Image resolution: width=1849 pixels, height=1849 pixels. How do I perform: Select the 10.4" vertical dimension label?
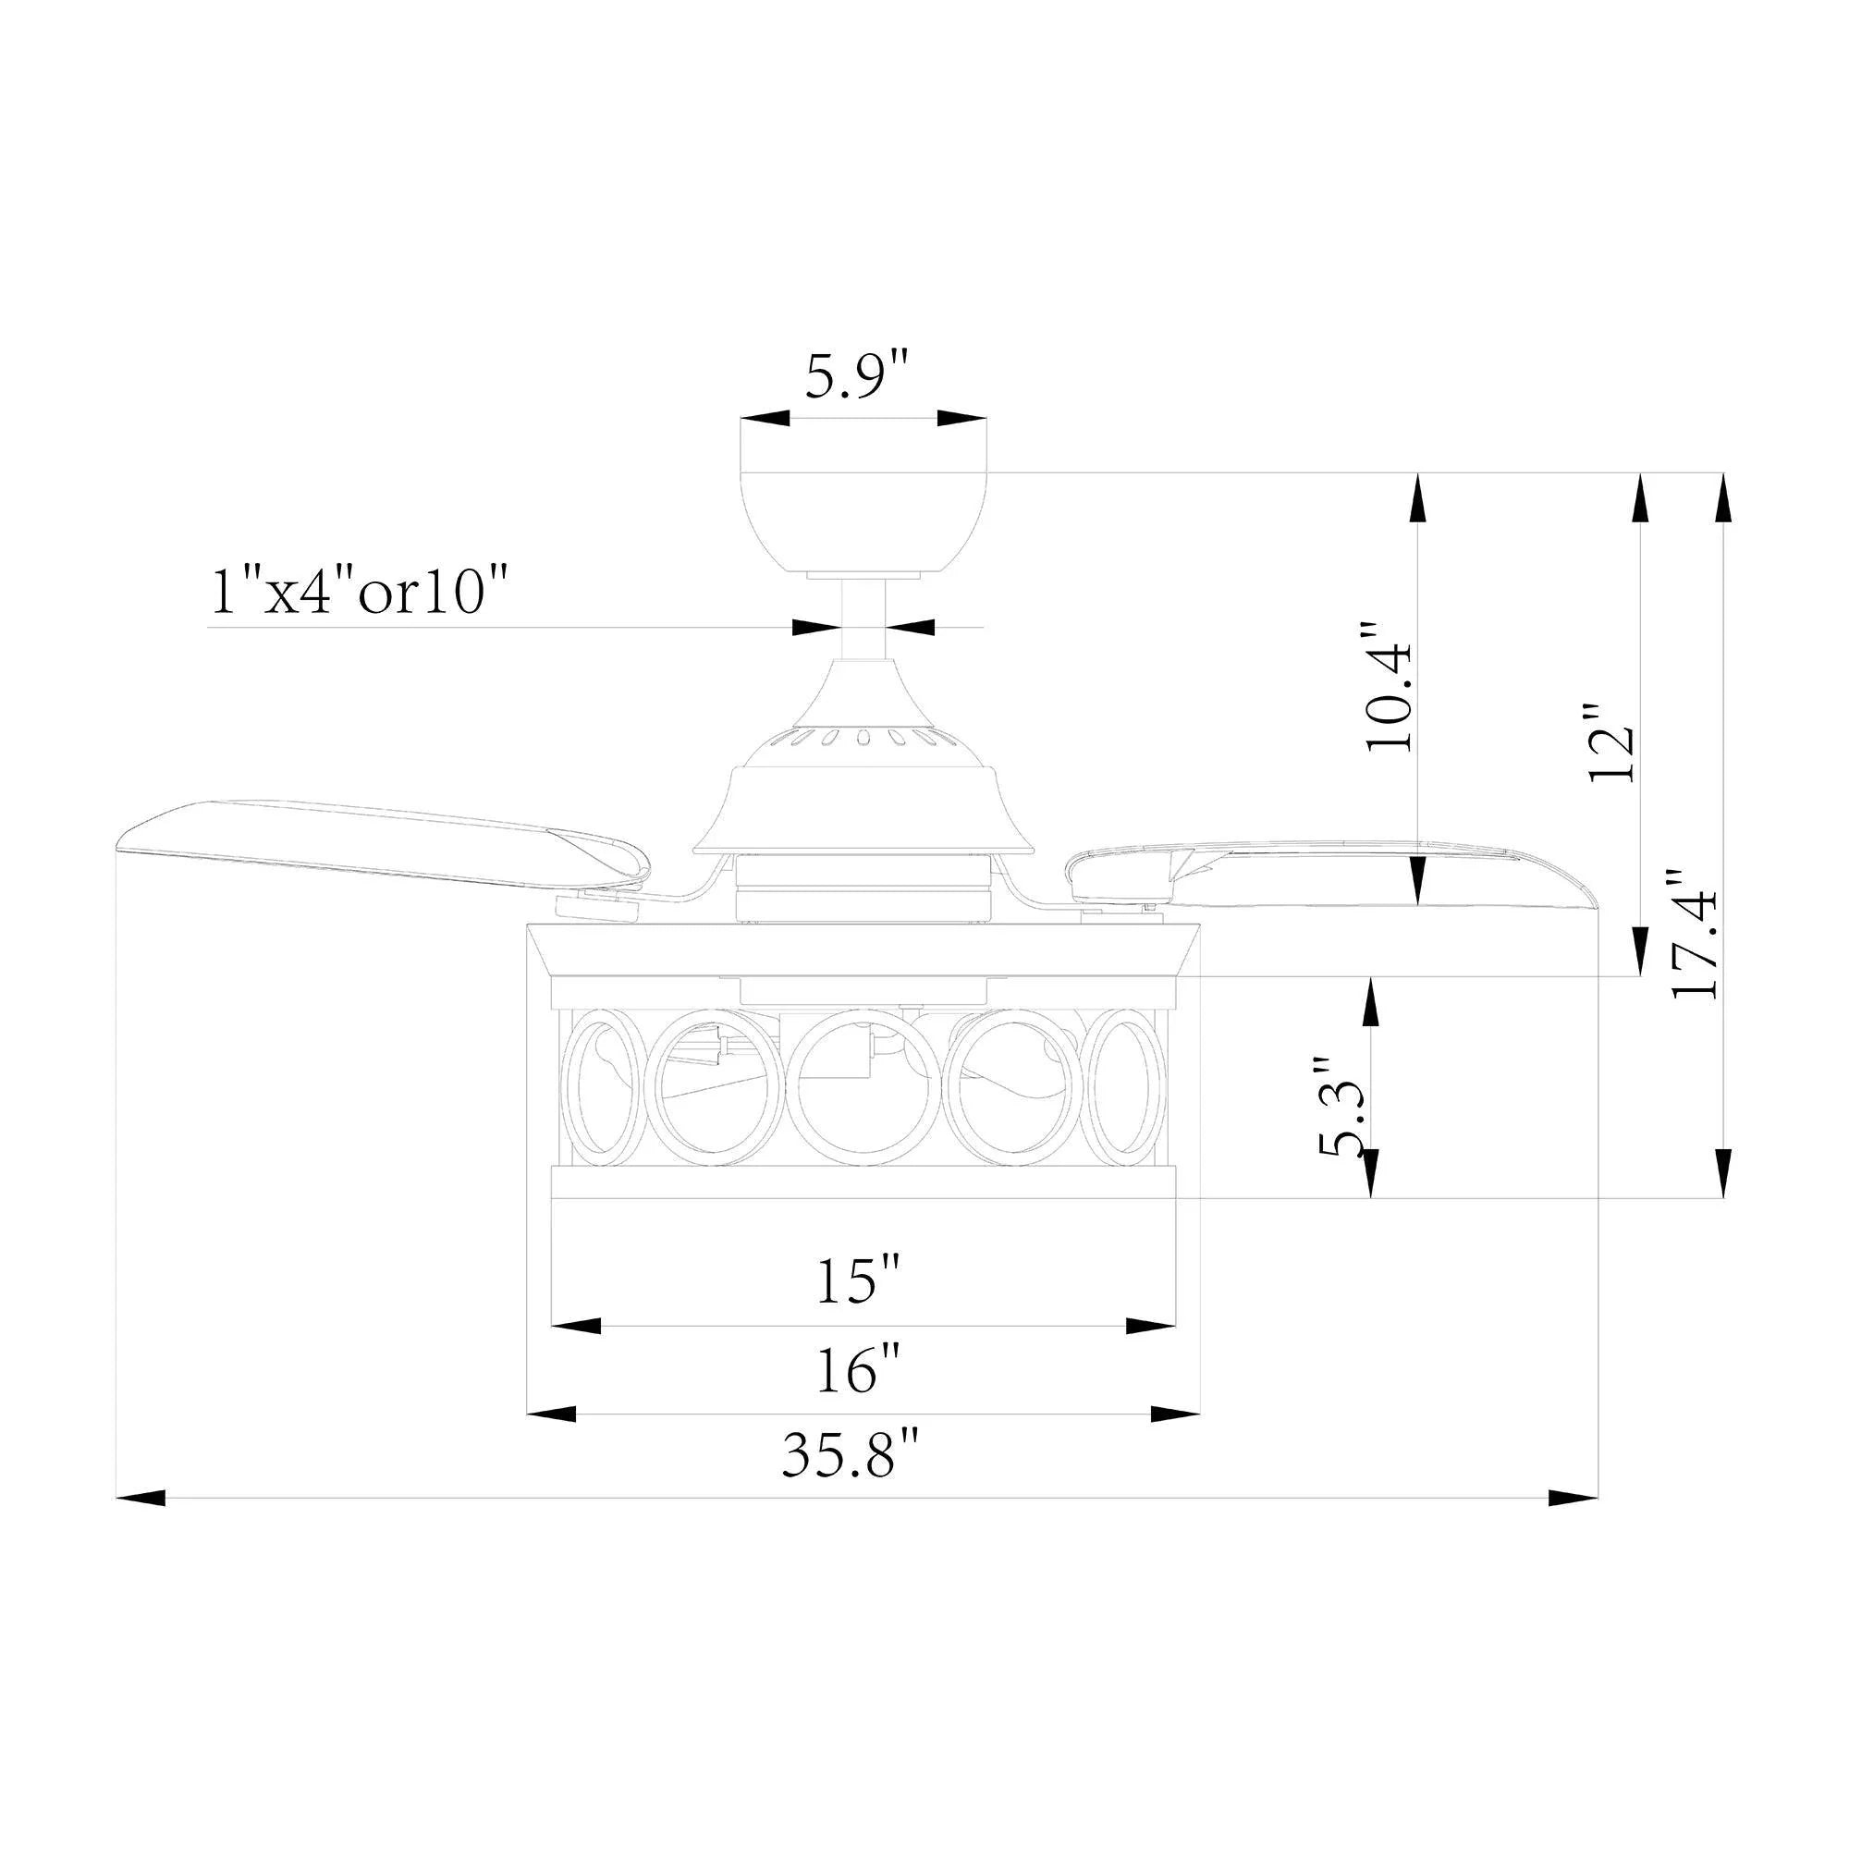pyautogui.click(x=1390, y=687)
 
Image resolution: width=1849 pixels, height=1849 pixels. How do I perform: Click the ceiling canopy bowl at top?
pyautogui.click(x=864, y=521)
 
